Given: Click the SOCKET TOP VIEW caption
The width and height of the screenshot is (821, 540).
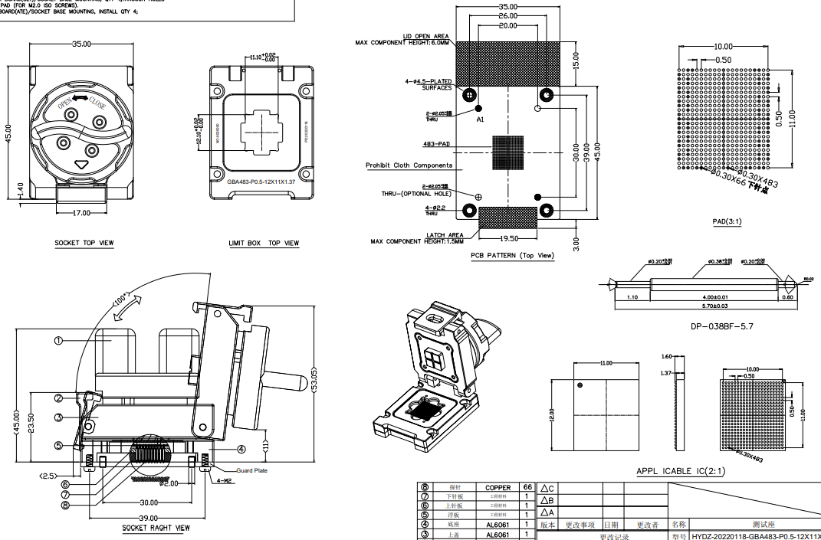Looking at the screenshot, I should coord(84,243).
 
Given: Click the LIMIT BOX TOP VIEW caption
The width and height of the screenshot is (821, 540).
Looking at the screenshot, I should coord(264,243).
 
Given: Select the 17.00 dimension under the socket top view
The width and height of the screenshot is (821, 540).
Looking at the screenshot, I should coord(80,213).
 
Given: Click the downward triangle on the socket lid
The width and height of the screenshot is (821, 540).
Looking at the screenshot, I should coord(83,164).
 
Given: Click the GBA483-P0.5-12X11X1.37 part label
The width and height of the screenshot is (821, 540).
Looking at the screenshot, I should coord(261,181).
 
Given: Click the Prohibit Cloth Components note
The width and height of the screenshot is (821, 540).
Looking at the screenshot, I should coord(409,165).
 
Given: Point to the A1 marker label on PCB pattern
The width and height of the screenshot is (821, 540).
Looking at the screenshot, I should coord(480,120).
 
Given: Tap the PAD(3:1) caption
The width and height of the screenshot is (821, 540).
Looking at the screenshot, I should coord(727,221).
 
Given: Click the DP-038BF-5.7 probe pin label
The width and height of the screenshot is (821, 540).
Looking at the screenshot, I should coord(723,326).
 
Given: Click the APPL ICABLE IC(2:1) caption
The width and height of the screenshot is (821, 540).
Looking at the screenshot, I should coord(681,471).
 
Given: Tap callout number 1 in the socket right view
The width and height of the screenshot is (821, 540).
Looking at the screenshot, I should coord(58,340).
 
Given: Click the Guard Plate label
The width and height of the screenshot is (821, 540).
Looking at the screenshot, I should coord(251,470).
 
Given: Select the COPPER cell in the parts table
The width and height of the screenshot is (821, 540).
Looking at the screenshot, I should coord(498,487).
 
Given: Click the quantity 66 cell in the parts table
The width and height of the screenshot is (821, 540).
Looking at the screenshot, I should coord(527,487).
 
